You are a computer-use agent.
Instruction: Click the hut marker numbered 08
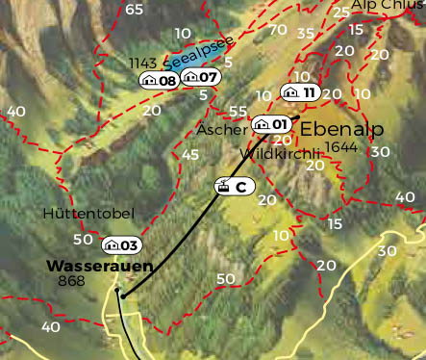point(159,80)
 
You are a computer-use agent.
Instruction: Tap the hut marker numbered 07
point(201,76)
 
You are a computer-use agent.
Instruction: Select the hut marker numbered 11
point(299,92)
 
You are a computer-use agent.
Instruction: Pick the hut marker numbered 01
point(271,124)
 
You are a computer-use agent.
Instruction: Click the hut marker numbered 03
point(121,245)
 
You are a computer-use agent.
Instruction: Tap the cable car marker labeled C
point(233,187)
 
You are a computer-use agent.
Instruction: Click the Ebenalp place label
point(342,129)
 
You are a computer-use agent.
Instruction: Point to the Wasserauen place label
point(99,265)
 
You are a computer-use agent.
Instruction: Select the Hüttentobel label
point(88,213)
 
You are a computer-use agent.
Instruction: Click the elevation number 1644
point(342,146)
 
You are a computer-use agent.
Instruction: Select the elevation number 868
point(71,281)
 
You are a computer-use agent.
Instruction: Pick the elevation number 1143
point(142,63)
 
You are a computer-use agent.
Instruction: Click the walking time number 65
point(134,10)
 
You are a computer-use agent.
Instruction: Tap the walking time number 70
point(278,30)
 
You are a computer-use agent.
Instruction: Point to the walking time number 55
point(238,112)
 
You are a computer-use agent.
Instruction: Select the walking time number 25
point(340,13)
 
